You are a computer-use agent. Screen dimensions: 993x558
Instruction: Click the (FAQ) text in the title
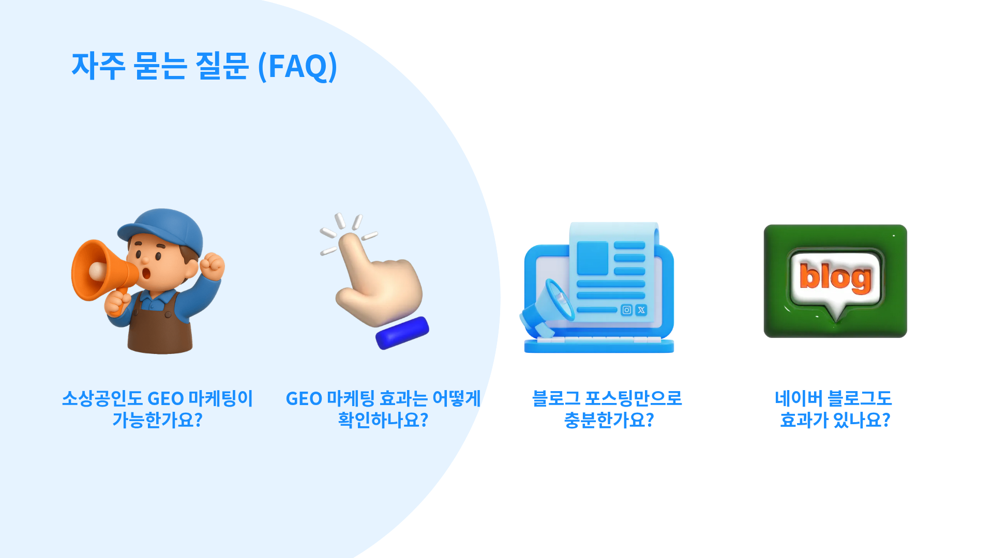(x=297, y=66)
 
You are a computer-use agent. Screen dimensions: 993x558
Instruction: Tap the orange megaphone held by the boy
(x=103, y=271)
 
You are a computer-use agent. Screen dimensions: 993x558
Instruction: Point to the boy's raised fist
(x=212, y=266)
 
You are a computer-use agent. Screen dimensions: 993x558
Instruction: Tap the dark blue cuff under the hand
(x=402, y=333)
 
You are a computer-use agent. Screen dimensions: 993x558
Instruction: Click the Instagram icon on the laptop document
(x=626, y=310)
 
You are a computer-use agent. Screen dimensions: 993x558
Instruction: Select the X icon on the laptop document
(x=641, y=310)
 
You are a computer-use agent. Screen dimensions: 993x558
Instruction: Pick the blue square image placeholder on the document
(x=593, y=258)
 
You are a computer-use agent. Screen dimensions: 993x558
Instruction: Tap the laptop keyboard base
(x=599, y=345)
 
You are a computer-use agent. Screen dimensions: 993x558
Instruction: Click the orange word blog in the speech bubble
(x=835, y=277)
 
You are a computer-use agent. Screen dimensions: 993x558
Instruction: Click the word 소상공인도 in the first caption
(x=102, y=398)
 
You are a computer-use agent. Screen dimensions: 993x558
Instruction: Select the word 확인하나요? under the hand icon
(x=383, y=420)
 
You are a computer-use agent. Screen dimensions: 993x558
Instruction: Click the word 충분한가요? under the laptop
(x=609, y=420)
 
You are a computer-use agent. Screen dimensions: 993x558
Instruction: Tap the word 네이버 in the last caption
(x=799, y=398)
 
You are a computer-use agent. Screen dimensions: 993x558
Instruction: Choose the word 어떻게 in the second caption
(x=457, y=398)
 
